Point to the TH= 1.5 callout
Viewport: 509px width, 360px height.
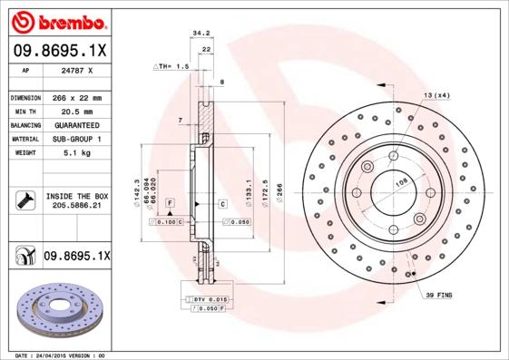(171, 66)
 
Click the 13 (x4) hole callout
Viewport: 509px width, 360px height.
(436, 95)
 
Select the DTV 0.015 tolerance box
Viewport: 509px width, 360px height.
(207, 298)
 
